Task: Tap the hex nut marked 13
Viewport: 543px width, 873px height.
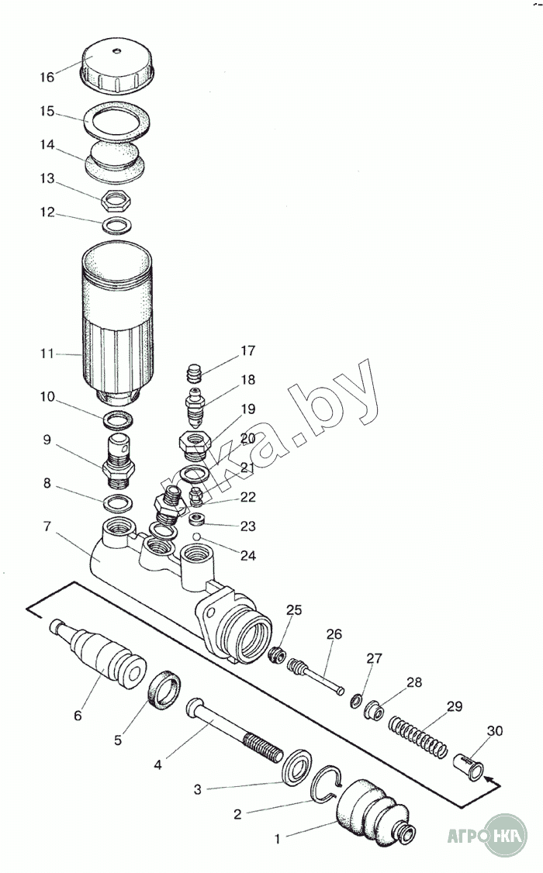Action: pos(116,202)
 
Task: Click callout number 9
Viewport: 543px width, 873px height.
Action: pos(47,440)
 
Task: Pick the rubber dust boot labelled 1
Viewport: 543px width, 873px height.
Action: pos(372,814)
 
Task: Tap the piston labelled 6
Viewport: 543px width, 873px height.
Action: pos(109,655)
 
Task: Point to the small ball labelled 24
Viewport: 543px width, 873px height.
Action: pos(198,536)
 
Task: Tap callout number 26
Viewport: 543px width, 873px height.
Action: pos(334,634)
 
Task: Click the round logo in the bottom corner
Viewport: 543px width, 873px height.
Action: pos(505,836)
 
